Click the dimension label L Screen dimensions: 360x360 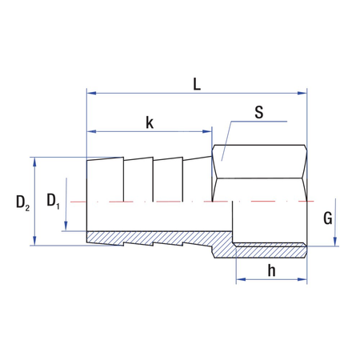click(x=197, y=82)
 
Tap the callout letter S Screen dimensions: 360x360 click(x=258, y=113)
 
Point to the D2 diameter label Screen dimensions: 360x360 click(x=22, y=203)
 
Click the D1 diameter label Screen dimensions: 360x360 click(x=54, y=200)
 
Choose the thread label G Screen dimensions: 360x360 click(x=327, y=217)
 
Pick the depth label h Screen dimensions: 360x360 click(x=271, y=270)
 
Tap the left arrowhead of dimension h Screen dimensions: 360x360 click(x=238, y=279)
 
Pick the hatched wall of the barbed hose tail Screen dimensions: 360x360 click(x=152, y=238)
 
